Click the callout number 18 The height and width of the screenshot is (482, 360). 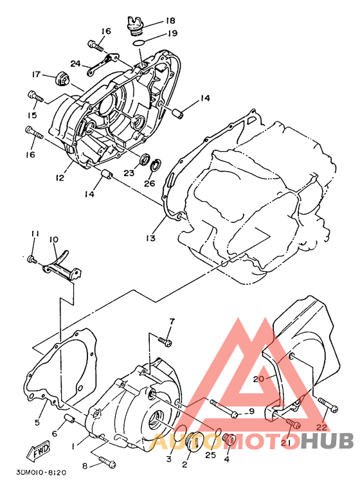(x=170, y=21)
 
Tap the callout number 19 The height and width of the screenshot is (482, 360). (x=173, y=33)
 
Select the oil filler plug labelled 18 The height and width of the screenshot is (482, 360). (x=136, y=24)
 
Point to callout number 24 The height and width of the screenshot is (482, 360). (x=76, y=64)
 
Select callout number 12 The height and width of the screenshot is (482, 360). (x=60, y=177)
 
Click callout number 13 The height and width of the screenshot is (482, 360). (x=151, y=238)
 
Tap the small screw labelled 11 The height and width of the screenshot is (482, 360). (x=32, y=260)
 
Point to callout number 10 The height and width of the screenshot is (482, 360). (x=53, y=239)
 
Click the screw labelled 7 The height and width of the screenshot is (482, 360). (x=165, y=341)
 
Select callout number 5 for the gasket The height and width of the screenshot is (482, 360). (x=37, y=423)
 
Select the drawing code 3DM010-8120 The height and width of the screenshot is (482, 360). (x=41, y=472)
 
